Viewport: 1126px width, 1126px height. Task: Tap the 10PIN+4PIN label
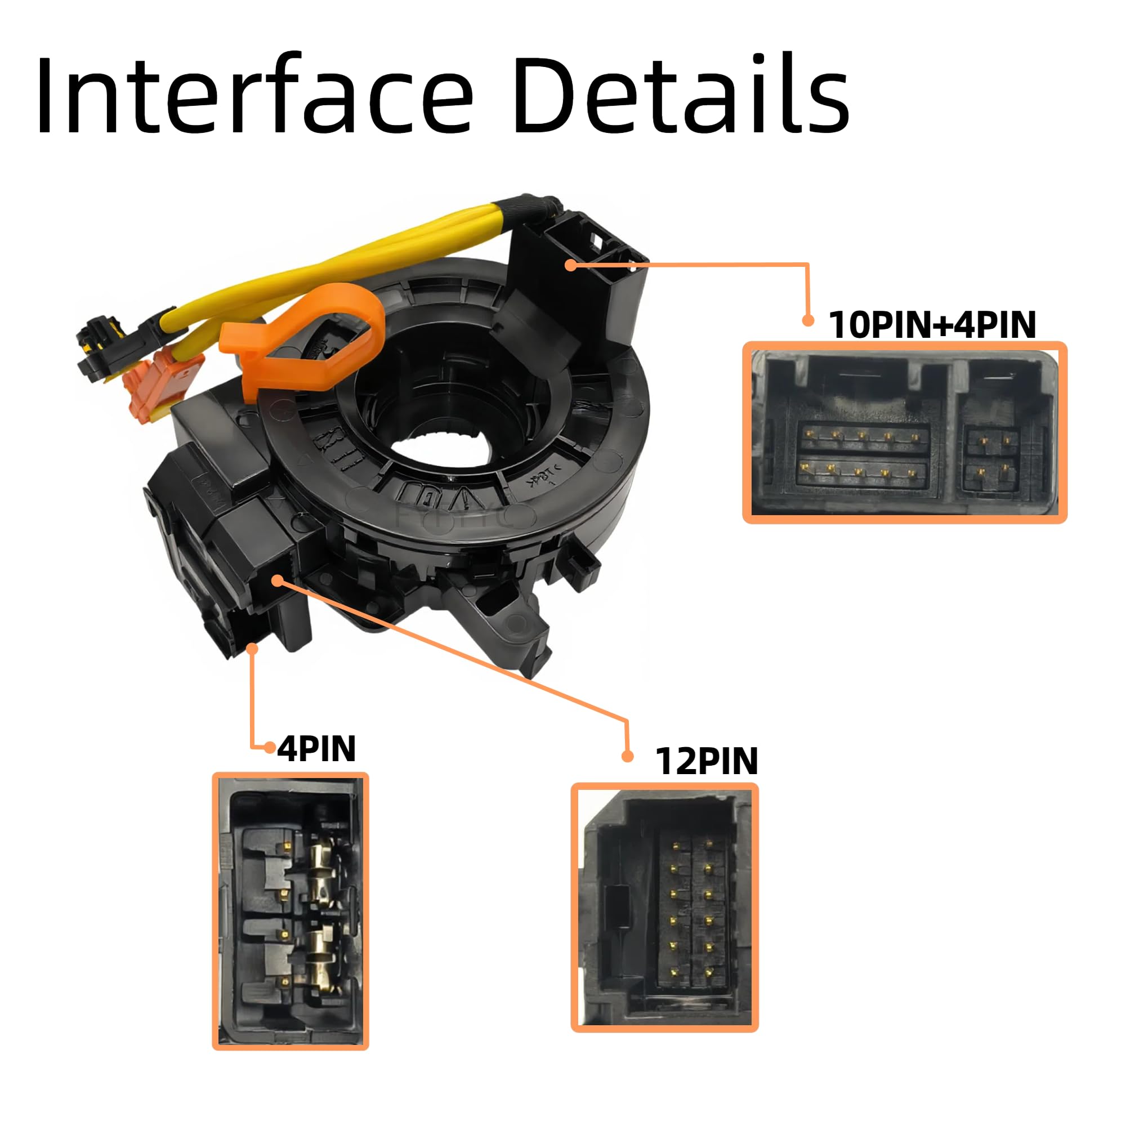[x=932, y=325]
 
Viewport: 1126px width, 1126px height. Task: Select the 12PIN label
[x=707, y=761]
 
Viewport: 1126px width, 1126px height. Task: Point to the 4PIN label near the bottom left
[x=316, y=748]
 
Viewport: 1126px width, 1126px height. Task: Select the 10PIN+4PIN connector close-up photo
[x=905, y=432]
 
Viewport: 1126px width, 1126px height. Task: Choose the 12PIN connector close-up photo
[x=664, y=907]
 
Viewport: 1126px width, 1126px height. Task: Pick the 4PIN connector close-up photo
[x=291, y=911]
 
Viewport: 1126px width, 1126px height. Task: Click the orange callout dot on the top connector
[x=571, y=265]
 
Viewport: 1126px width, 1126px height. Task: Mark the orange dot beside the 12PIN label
[x=627, y=757]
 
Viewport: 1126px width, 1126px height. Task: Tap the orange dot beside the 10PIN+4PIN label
[x=808, y=320]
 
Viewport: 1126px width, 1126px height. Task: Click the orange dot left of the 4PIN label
[x=269, y=747]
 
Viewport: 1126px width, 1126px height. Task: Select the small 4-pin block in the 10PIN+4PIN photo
[x=992, y=459]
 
